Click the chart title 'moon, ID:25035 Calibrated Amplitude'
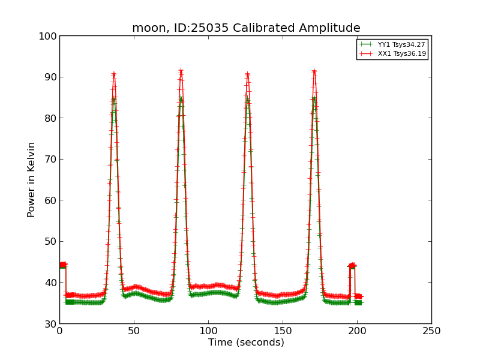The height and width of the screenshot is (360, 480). point(246,28)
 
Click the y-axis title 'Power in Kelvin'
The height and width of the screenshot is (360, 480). point(32,179)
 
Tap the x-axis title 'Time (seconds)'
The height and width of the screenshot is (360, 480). point(246,343)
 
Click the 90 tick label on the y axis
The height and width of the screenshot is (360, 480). point(50,77)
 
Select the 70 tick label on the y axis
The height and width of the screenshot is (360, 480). point(50,160)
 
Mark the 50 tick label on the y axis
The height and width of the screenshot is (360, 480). point(50,242)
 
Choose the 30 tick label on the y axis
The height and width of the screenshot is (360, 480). point(50,324)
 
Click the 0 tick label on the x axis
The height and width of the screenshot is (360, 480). point(59,331)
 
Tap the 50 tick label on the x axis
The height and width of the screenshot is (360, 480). point(134,331)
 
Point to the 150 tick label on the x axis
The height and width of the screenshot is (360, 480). point(283,331)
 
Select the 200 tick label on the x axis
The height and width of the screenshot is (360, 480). point(357,331)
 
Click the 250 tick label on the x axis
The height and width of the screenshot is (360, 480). point(431,331)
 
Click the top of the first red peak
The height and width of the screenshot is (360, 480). point(113,74)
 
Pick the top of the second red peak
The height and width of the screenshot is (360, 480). point(181,71)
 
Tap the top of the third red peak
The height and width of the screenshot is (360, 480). point(247,74)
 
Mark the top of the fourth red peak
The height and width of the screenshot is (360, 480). point(314,71)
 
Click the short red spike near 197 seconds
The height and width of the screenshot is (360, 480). point(352,265)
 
